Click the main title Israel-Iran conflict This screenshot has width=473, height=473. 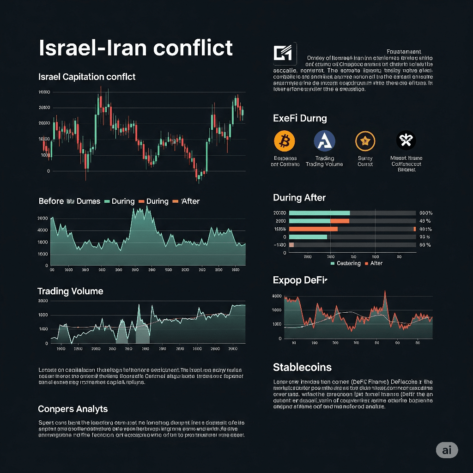coord(136,48)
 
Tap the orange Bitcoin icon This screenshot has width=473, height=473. coord(284,140)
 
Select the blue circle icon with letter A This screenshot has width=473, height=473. coord(324,140)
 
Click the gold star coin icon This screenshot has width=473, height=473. coord(365,140)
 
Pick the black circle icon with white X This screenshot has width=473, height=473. coord(406,140)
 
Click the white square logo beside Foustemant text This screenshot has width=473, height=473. coord(285,54)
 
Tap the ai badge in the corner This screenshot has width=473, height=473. coord(447,450)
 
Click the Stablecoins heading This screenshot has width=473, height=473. coord(302,367)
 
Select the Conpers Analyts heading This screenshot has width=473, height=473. coord(73,409)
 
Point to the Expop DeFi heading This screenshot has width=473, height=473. coord(300,280)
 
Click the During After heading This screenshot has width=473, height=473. coord(299,198)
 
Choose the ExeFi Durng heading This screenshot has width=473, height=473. coord(300,118)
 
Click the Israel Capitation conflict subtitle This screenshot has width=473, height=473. coord(87,77)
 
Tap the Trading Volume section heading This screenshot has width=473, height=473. coord(70,291)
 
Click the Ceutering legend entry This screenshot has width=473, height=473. coord(348,263)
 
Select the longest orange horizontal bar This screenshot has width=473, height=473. coord(313,229)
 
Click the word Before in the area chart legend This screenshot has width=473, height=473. coord(51,201)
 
